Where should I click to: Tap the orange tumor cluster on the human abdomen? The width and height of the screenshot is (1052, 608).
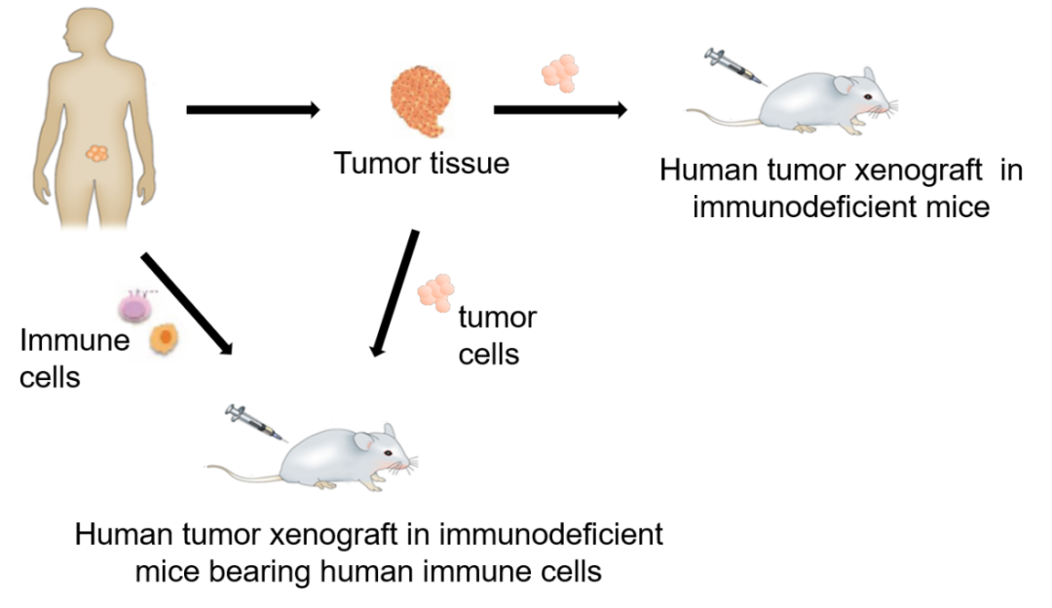[97, 154]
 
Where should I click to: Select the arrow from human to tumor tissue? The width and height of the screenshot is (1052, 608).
[251, 108]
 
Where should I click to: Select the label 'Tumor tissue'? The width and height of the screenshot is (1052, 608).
[421, 163]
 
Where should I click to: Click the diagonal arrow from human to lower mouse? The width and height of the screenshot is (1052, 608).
[188, 302]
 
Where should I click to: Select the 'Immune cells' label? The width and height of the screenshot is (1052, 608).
[61, 358]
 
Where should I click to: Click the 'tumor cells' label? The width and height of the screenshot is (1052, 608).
[496, 335]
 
